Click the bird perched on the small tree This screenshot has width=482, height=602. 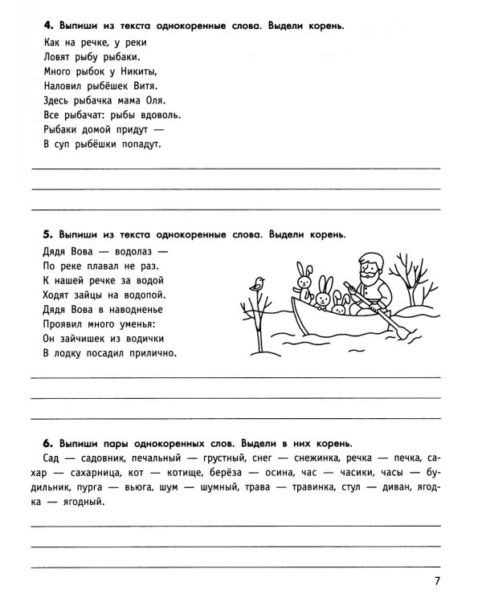coord(258,283)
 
